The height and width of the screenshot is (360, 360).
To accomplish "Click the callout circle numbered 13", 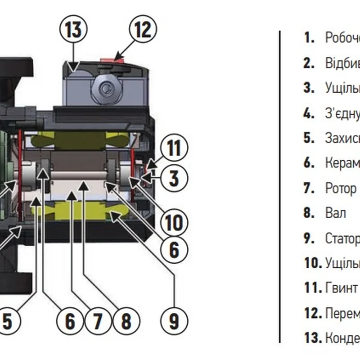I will [x=73, y=30].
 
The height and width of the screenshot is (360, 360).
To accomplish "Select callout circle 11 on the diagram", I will [x=174, y=148].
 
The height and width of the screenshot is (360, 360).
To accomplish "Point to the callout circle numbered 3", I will [x=174, y=178].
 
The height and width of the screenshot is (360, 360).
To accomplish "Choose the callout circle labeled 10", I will [x=174, y=221].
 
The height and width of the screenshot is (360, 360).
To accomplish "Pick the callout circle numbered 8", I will [x=126, y=321].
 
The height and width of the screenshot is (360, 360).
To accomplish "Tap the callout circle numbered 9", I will [x=174, y=321].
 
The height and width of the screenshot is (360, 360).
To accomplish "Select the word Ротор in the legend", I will [x=340, y=188].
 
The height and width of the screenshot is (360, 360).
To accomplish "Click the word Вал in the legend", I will [x=335, y=213].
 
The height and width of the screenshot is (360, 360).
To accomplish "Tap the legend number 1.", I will [x=309, y=38].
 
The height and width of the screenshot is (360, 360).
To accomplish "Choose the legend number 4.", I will [x=309, y=113].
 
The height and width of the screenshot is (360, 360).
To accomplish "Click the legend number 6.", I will [x=309, y=163].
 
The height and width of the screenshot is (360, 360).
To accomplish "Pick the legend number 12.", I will [x=311, y=312].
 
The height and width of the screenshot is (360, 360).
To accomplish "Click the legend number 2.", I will [x=309, y=63].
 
